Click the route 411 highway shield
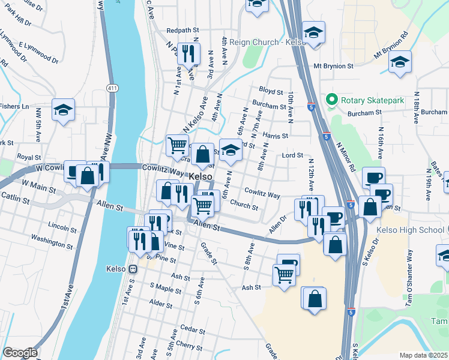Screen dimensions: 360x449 [112, 79]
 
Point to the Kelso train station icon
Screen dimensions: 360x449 [133, 269]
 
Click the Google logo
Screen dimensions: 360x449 [19, 353]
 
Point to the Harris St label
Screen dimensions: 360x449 [276, 136]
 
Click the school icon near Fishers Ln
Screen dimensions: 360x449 [63, 110]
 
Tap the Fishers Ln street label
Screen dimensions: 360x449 [14, 106]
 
